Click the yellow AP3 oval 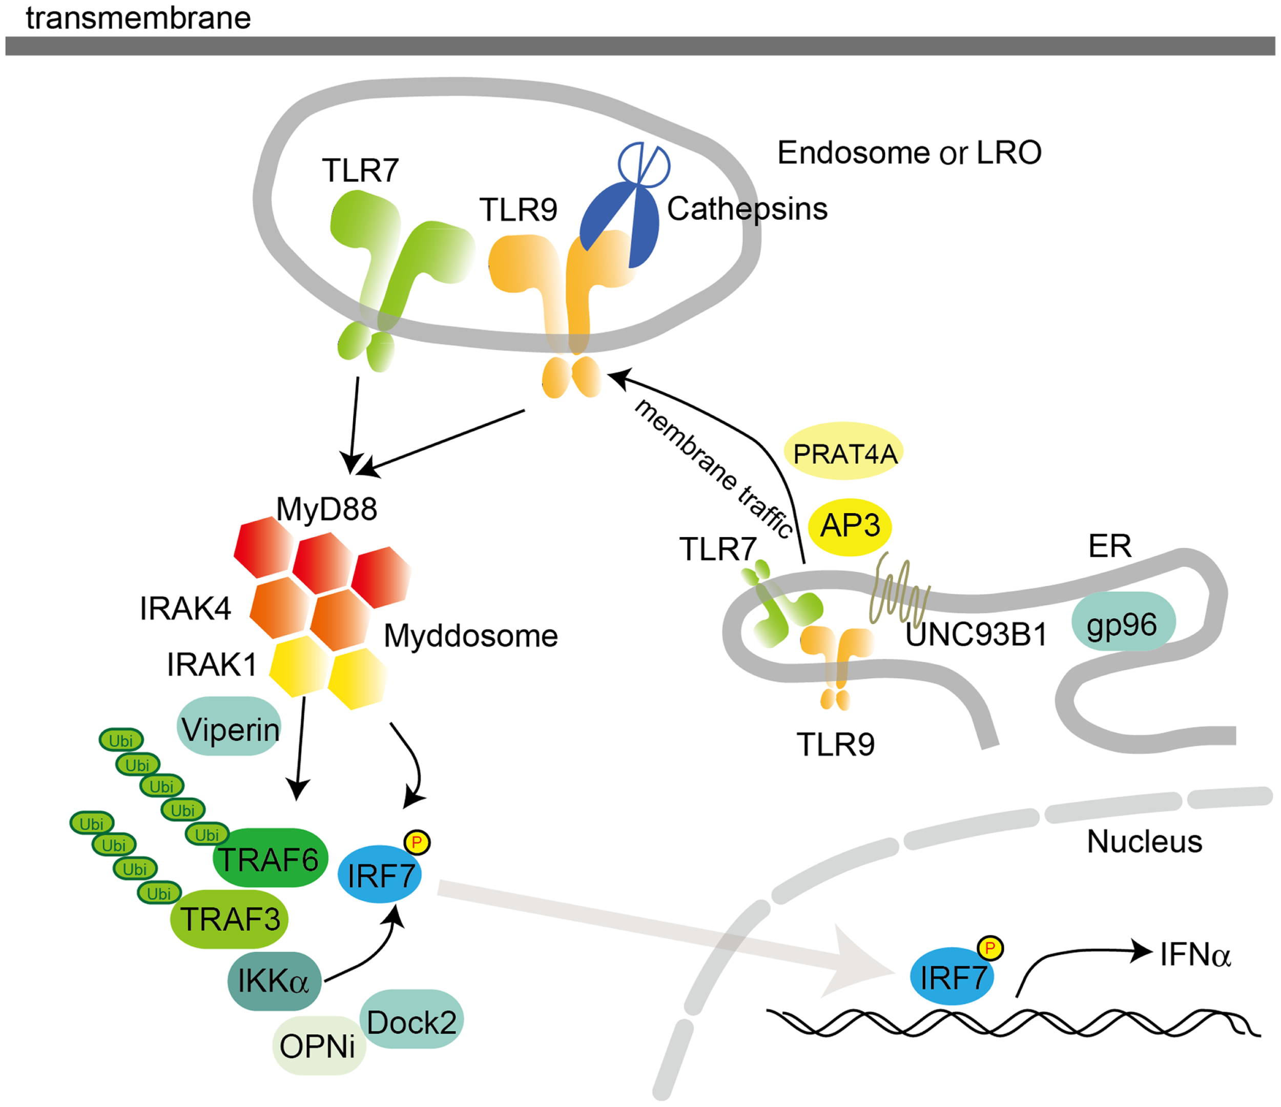850,526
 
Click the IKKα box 274,981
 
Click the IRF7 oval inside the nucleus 952,978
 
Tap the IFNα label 1194,954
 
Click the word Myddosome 470,635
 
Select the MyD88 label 326,509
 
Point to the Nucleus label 1144,842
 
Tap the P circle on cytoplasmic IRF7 417,843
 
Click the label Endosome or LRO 909,153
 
